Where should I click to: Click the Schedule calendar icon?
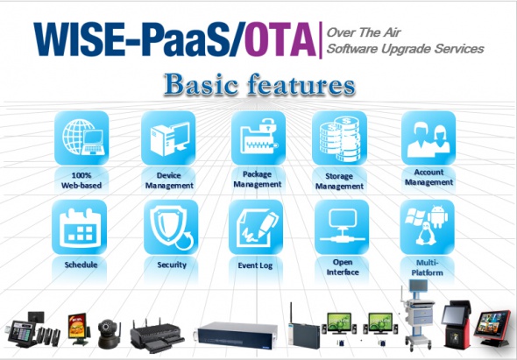(x=80, y=227)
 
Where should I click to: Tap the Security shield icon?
(x=167, y=227)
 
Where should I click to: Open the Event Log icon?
(x=256, y=227)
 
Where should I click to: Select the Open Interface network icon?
(x=340, y=227)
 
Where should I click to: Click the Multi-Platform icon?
(x=428, y=227)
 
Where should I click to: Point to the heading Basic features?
(x=259, y=85)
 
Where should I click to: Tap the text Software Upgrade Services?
(x=404, y=49)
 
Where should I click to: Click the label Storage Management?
(x=340, y=180)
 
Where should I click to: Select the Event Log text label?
(x=256, y=264)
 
